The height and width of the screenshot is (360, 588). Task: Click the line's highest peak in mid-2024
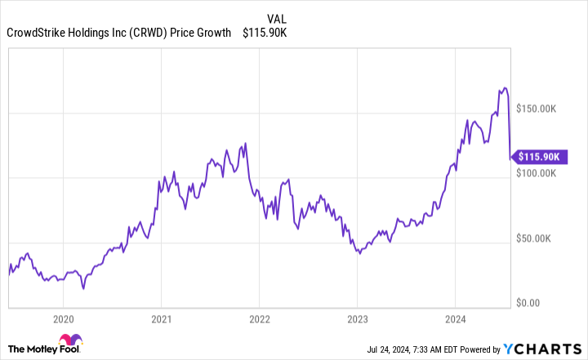[x=505, y=87]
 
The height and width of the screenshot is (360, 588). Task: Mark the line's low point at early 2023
[x=359, y=254]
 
